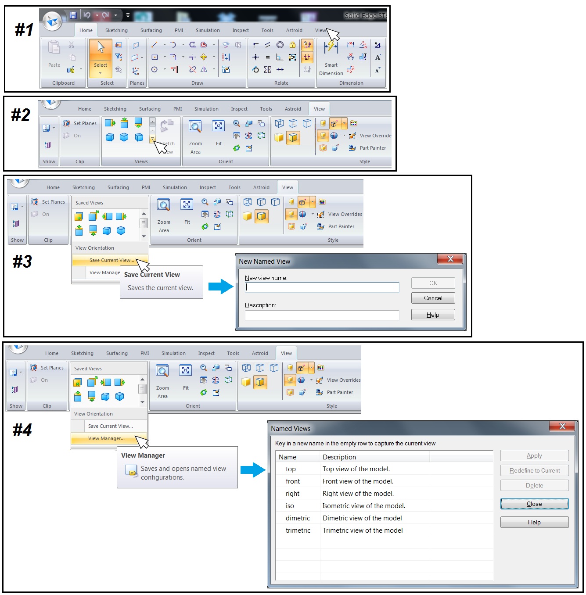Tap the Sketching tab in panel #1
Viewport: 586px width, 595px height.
116,30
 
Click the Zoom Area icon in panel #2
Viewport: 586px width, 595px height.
195,127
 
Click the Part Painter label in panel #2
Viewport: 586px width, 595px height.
373,148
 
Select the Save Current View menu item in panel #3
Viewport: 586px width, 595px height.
111,260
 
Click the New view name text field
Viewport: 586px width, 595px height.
322,287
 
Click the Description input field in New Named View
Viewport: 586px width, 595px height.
322,315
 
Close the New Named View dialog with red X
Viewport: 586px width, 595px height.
450,259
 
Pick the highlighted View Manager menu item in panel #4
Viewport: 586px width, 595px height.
106,438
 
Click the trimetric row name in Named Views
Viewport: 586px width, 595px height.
298,530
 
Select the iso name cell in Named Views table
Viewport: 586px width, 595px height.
290,506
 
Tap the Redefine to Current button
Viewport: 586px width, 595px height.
534,470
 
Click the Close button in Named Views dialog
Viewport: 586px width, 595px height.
534,504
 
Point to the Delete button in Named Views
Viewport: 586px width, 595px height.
534,485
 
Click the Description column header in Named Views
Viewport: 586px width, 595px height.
339,457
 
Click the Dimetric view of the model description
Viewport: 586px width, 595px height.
362,518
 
